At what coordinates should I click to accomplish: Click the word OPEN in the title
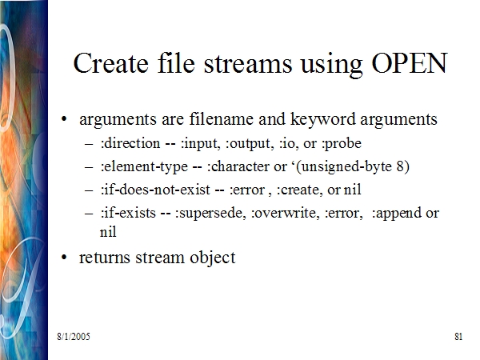pyautogui.click(x=410, y=63)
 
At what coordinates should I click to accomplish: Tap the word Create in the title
pyautogui.click(x=111, y=63)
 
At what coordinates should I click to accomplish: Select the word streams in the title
pyautogui.click(x=248, y=64)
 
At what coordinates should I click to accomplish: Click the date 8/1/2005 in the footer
pyautogui.click(x=74, y=337)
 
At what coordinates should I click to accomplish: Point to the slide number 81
pyautogui.click(x=458, y=337)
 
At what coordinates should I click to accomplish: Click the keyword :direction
pyautogui.click(x=130, y=143)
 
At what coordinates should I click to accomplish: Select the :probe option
pyautogui.click(x=342, y=144)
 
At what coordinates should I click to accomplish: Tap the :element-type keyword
pyautogui.click(x=144, y=167)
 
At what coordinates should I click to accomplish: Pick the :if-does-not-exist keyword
pyautogui.click(x=155, y=190)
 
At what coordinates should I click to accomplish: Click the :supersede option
pyautogui.click(x=210, y=214)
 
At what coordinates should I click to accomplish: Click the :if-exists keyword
pyautogui.click(x=128, y=213)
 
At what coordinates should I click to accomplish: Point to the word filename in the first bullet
pyautogui.click(x=222, y=118)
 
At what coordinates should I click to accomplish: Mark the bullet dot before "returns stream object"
pyautogui.click(x=64, y=257)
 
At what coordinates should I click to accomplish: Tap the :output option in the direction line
pyautogui.click(x=250, y=144)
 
